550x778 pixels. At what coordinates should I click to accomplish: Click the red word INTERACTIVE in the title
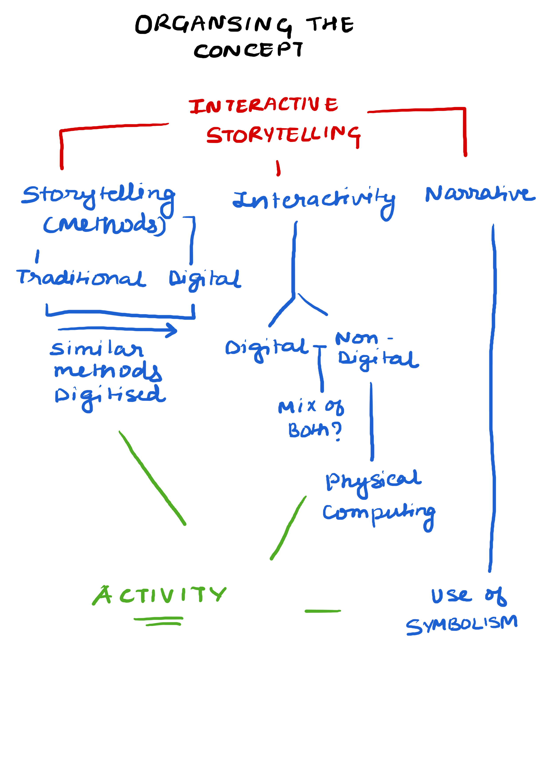pyautogui.click(x=263, y=105)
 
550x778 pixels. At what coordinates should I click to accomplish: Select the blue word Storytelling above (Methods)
pyautogui.click(x=98, y=196)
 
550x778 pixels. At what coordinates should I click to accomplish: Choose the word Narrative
pyautogui.click(x=480, y=194)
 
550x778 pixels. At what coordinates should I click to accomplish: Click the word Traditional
pyautogui.click(x=81, y=278)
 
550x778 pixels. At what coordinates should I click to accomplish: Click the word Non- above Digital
pyautogui.click(x=359, y=338)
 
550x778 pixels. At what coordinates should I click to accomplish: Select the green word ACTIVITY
pyautogui.click(x=159, y=595)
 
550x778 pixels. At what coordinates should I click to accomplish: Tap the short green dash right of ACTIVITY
pyautogui.click(x=323, y=611)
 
